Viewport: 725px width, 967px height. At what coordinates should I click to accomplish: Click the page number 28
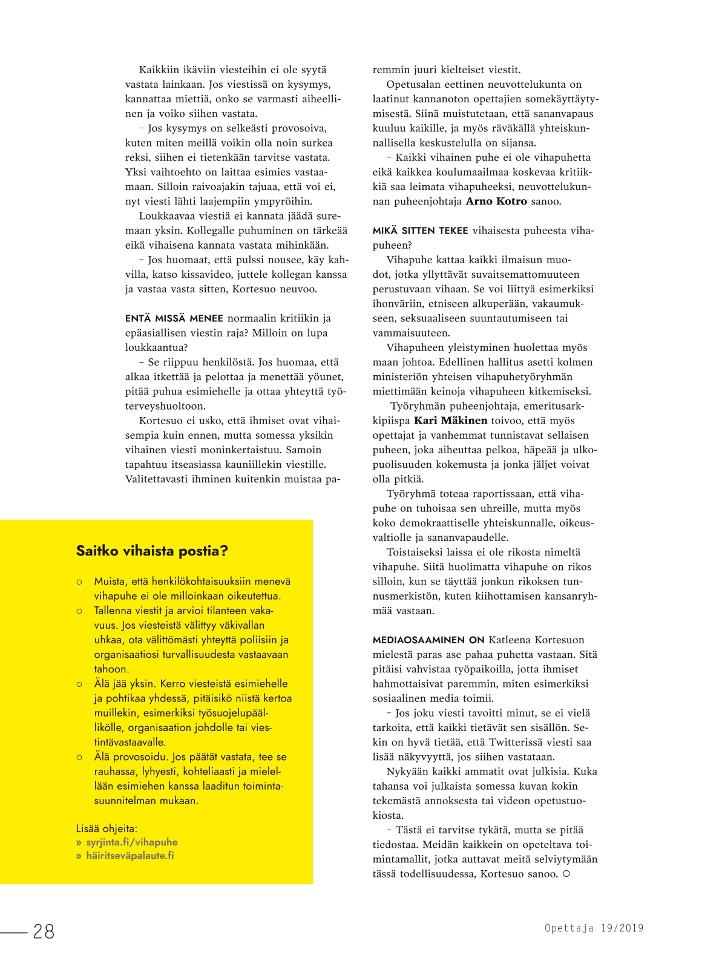click(x=44, y=931)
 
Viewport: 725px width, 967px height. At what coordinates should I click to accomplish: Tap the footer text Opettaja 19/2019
click(x=594, y=928)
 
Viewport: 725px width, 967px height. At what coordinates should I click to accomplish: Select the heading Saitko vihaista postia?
click(x=152, y=551)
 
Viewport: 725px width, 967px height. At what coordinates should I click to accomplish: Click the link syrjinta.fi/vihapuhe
click(x=132, y=842)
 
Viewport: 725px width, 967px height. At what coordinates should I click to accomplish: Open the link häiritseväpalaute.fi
click(x=130, y=856)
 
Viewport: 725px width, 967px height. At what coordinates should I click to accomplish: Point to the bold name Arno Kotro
click(x=496, y=202)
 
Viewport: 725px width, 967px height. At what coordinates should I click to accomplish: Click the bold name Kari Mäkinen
click(x=450, y=421)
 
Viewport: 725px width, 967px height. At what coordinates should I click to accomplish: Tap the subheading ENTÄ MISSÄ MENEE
click(x=174, y=318)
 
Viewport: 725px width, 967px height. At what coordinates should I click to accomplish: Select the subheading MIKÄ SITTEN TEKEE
click(x=420, y=231)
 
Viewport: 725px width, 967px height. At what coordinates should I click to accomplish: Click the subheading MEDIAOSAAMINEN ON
click(x=428, y=640)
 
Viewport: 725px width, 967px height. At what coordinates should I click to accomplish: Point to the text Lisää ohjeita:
click(x=107, y=828)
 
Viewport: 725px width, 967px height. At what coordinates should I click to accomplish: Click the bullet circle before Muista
click(x=79, y=582)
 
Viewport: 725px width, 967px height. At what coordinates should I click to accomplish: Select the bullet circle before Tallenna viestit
click(x=79, y=611)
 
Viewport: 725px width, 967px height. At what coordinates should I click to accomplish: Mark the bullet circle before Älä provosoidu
click(x=79, y=757)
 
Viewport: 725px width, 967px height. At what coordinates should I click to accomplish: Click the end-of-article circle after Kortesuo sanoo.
click(x=566, y=874)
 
